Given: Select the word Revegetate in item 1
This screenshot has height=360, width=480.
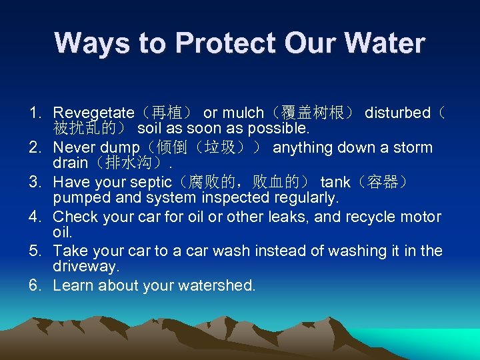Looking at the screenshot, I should click(x=93, y=113).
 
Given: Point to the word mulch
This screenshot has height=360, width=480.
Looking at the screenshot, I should click(x=243, y=113).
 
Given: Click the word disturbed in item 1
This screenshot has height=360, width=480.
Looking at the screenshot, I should click(x=397, y=113).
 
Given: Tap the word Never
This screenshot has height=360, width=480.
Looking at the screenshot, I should click(x=73, y=148).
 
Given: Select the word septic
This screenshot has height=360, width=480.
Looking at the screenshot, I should click(x=158, y=183).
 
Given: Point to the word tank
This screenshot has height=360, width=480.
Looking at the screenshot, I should click(x=335, y=183).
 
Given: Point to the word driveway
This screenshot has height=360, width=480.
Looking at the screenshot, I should click(x=85, y=267).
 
